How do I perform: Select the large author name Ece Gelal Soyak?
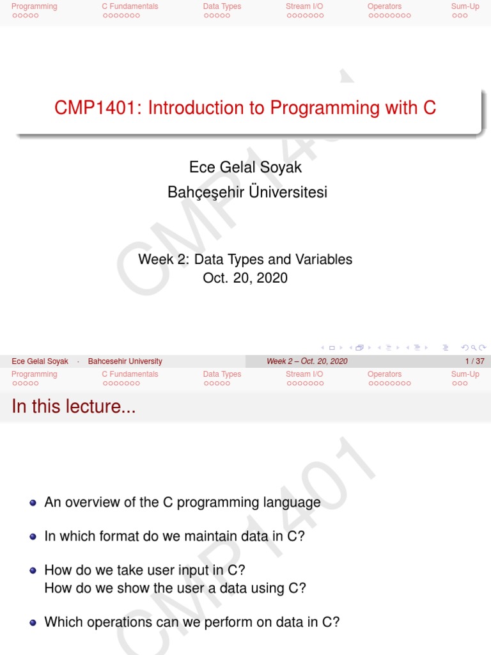pos(245,167)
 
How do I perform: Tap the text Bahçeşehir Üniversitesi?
pos(247,191)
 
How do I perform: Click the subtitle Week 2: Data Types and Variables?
pos(245,259)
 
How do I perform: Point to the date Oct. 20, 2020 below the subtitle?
pos(245,278)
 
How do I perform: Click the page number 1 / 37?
pos(476,361)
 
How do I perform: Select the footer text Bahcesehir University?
pos(125,361)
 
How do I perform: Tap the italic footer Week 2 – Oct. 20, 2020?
pos(307,361)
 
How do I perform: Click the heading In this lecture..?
pos(74,406)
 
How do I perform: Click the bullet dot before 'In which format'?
pos(33,537)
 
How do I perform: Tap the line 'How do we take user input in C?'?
pos(144,570)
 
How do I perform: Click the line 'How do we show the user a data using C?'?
pos(175,588)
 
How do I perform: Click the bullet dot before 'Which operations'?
pos(33,622)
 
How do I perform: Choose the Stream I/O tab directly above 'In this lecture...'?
pos(304,374)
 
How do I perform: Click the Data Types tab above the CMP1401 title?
pos(222,6)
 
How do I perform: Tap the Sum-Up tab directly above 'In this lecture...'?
pos(465,374)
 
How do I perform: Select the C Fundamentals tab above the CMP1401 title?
pos(130,6)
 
